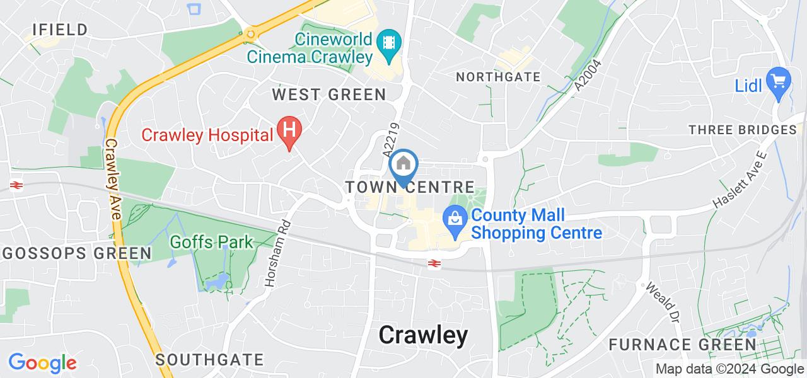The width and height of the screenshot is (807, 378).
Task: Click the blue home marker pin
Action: click(403, 166)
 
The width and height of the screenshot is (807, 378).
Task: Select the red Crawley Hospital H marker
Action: click(290, 132)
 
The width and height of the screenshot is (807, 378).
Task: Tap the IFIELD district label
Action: click(61, 30)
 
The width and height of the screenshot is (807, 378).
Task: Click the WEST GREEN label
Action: click(328, 94)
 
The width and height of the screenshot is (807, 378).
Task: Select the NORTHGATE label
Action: click(498, 77)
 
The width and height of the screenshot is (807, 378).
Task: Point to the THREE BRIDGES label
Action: click(743, 130)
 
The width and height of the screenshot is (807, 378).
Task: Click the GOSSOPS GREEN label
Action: click(76, 253)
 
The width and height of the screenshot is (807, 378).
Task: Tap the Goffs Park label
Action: click(211, 241)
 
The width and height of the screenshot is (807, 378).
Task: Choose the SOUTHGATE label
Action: click(209, 360)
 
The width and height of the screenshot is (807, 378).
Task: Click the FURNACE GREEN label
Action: click(682, 345)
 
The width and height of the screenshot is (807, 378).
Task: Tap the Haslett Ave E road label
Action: click(743, 180)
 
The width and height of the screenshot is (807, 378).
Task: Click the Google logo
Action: click(42, 363)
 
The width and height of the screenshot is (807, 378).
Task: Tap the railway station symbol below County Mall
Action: click(434, 263)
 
